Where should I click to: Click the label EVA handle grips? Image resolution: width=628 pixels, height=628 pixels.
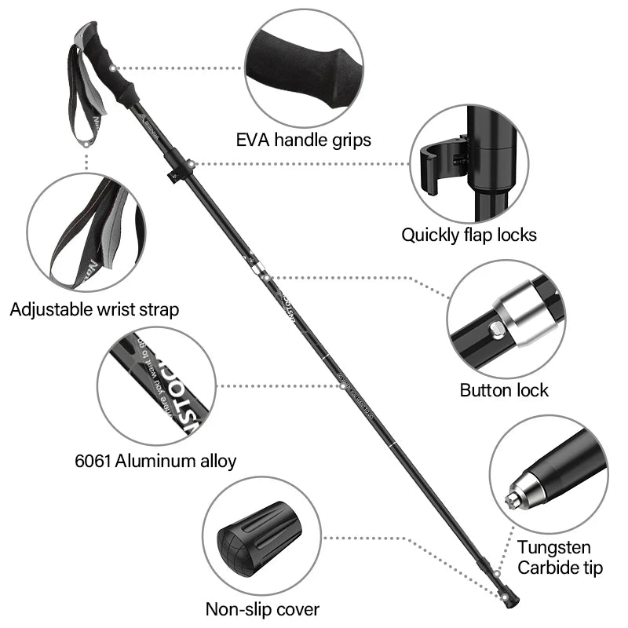pos(304,141)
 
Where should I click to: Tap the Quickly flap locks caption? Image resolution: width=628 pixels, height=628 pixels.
pos(469,234)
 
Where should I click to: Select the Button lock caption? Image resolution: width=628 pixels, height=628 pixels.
pos(504,390)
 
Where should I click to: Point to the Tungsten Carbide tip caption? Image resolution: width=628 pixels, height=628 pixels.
pos(560,557)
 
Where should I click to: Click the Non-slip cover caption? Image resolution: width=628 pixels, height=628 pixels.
pos(262,608)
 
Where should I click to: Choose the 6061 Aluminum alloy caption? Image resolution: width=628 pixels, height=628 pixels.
pos(155,461)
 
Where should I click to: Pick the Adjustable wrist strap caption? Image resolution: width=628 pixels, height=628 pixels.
pos(94,309)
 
